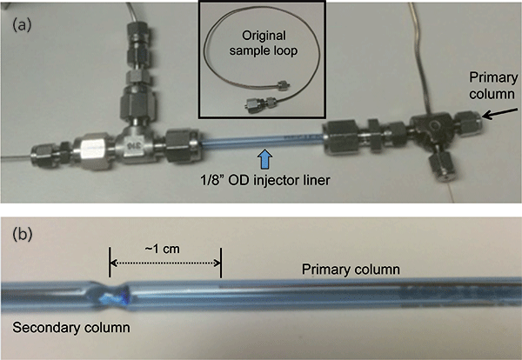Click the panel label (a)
pos(21,25)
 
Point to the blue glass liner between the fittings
pos(261,139)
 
